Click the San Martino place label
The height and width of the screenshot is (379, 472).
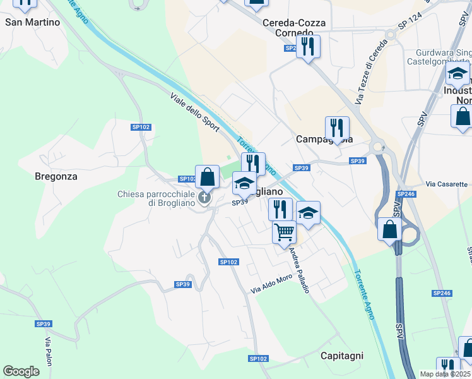tap(33, 22)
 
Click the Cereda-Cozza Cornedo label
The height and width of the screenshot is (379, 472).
tap(294, 27)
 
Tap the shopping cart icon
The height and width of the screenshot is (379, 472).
tap(284, 232)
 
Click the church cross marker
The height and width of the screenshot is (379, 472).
tap(204, 198)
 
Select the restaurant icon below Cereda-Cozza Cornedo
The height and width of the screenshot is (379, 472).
tap(308, 46)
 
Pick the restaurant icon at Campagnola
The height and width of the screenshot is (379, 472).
tap(337, 128)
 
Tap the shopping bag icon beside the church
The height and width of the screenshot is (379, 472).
tap(207, 177)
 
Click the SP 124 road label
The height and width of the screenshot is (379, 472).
tap(410, 23)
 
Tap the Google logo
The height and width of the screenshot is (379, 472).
tap(21, 371)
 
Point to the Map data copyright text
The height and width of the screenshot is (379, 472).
tap(445, 374)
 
